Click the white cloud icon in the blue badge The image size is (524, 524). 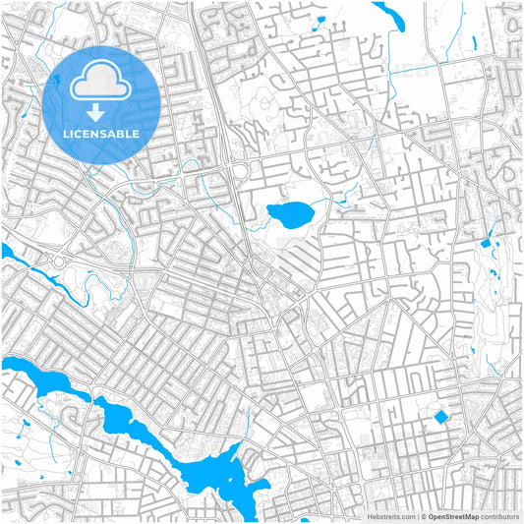(x=101, y=84)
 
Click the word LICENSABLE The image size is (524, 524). (x=101, y=133)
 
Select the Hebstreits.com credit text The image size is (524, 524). (x=390, y=516)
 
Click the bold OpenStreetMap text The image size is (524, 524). (x=453, y=516)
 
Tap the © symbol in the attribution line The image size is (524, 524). (x=424, y=516)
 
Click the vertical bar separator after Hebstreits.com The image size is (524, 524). (x=416, y=516)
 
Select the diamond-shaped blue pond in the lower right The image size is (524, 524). (x=440, y=418)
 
